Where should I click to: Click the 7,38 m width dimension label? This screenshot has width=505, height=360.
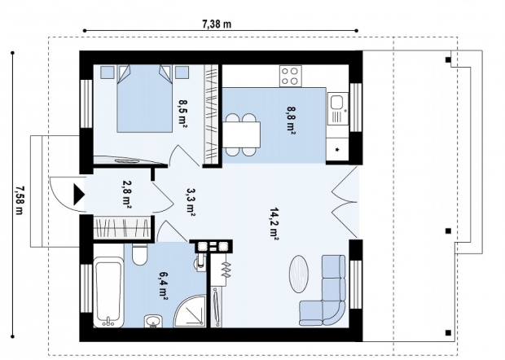click(217, 24)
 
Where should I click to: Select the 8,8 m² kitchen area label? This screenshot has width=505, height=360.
click(290, 121)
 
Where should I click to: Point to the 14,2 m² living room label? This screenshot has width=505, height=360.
click(274, 224)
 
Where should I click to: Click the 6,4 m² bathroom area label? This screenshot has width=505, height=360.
click(163, 286)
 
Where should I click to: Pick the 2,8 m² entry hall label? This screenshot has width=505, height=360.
click(126, 194)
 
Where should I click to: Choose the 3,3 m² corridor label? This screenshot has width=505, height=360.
click(190, 203)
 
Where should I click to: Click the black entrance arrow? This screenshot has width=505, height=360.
click(78, 195)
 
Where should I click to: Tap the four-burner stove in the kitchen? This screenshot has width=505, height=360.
click(291, 76)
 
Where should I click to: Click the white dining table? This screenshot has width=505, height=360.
click(241, 134)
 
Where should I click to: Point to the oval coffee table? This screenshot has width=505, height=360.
click(298, 274)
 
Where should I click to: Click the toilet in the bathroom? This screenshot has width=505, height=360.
click(140, 254)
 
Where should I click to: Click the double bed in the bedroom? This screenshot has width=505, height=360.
click(144, 99)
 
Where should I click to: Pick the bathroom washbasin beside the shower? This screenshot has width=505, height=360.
click(153, 321)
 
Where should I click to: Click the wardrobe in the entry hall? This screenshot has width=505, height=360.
click(122, 228)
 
